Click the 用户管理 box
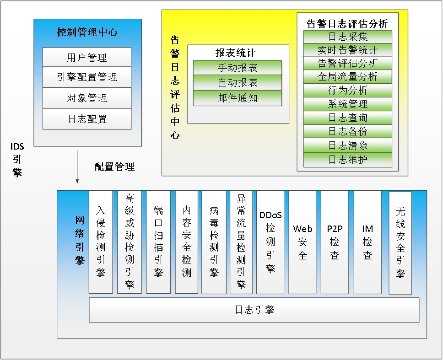87,58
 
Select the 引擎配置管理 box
87,77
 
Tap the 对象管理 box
87,98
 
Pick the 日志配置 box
87,119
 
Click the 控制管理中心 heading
87,32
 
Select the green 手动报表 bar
238,68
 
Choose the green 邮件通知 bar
238,97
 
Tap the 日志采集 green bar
348,37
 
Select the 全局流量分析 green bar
348,76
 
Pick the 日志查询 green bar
348,118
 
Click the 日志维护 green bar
348,160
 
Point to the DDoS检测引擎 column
270,242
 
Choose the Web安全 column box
303,242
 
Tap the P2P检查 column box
335,242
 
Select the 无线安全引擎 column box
400,242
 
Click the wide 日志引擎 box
254,310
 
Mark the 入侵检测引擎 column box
101,242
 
